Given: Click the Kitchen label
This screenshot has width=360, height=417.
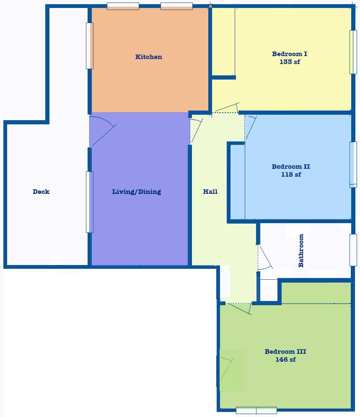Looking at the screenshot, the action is point(149,57).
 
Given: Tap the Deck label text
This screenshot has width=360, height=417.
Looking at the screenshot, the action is point(41,191).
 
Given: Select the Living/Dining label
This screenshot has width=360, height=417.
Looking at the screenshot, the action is point(136,192).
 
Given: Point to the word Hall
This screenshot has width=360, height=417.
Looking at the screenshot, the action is point(210,191).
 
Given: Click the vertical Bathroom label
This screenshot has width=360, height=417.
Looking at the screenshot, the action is point(301,250).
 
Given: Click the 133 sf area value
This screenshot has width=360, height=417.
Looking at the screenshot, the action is point(290,62).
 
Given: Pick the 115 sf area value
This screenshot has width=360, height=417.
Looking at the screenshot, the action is point(291,175).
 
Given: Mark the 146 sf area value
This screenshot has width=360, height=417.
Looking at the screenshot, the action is point(285,360).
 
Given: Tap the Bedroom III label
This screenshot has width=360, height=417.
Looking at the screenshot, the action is point(285,351).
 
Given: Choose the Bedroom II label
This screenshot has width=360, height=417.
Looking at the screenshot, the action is point(291,167).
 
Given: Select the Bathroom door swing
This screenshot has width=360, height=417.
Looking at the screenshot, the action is point(265,258).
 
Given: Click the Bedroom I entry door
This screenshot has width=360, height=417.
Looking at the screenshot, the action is point(227,108).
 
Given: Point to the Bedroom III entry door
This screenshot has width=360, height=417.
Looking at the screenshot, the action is point(239,309).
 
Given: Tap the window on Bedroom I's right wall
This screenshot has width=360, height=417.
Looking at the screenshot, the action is point(353,52).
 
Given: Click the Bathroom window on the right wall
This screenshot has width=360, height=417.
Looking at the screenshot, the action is point(353,250).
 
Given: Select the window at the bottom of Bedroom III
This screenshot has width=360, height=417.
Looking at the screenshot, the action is point(256,410).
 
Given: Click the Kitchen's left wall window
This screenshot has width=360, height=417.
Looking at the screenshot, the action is point(89,46).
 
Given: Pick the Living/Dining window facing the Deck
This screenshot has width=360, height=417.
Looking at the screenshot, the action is point(89,202).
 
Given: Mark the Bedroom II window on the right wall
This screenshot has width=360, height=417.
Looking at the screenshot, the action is point(353,165).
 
